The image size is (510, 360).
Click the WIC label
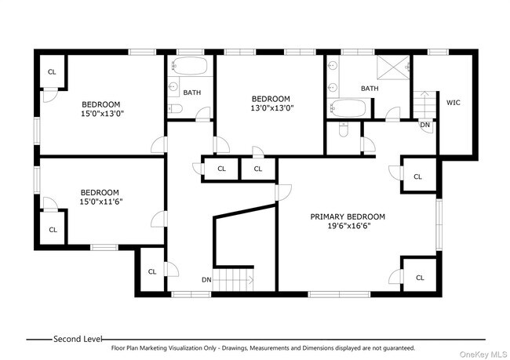[453, 103]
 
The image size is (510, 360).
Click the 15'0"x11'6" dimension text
[100, 202]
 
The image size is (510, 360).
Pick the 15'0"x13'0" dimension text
[102, 114]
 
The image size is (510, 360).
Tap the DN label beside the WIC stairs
[424, 125]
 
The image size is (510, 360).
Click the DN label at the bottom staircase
[206, 279]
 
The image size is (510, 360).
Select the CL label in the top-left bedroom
[52, 71]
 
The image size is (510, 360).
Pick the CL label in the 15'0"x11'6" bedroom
[53, 230]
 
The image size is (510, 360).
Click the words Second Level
[78, 339]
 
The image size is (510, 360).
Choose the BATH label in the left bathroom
[191, 93]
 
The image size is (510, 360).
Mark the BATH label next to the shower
[370, 89]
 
